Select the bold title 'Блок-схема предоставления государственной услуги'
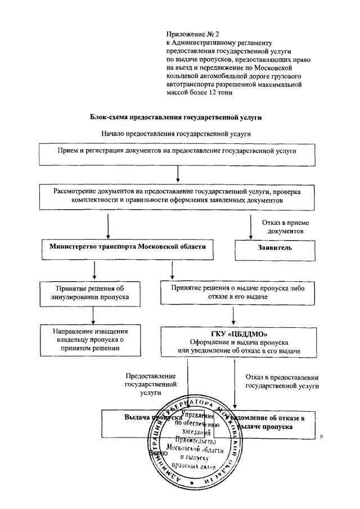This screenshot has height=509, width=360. pyautogui.click(x=176, y=118)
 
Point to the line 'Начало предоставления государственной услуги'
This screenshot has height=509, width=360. pyautogui.click(x=176, y=134)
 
